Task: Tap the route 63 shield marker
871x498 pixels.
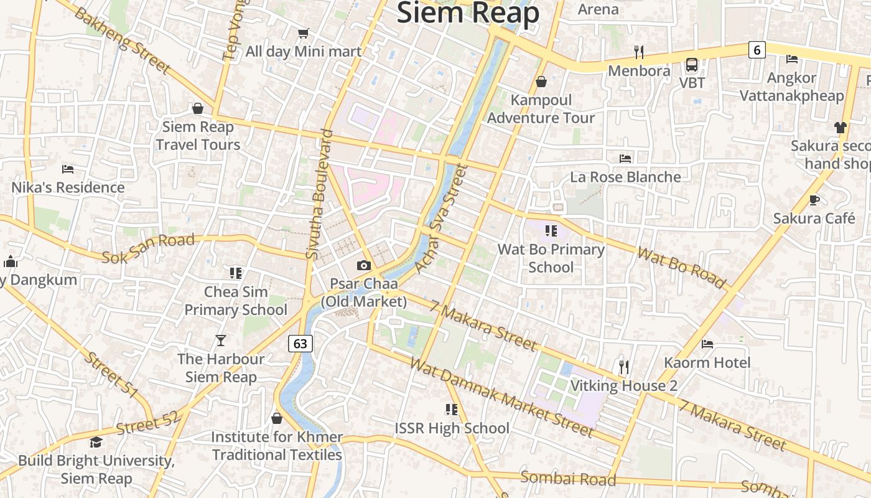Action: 300,343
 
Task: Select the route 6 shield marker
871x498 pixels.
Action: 757,50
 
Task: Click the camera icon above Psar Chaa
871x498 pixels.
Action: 364,266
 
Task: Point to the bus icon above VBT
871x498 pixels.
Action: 692,64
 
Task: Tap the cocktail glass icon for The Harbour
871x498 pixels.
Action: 221,341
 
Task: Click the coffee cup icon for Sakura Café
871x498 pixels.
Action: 814,200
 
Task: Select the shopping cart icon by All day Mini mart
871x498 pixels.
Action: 303,33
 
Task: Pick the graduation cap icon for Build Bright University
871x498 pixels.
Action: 96,443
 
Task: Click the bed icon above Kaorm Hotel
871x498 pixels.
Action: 707,344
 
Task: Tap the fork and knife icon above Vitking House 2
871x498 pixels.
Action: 624,367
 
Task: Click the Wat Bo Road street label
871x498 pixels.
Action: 681,268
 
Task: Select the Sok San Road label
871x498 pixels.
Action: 148,248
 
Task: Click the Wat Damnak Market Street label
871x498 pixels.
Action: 503,397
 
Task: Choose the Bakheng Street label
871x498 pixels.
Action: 122,39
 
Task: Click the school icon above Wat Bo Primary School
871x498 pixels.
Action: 551,231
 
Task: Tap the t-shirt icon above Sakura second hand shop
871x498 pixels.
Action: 841,128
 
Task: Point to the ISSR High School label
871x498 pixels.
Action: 452,428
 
